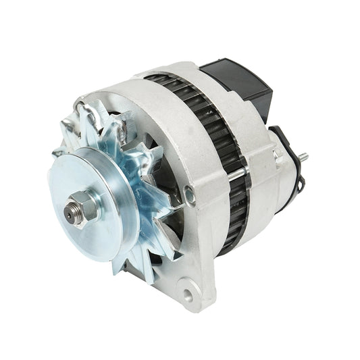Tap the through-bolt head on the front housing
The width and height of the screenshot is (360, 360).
coord(190,197)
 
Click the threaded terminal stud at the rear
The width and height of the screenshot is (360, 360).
coord(304,157)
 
